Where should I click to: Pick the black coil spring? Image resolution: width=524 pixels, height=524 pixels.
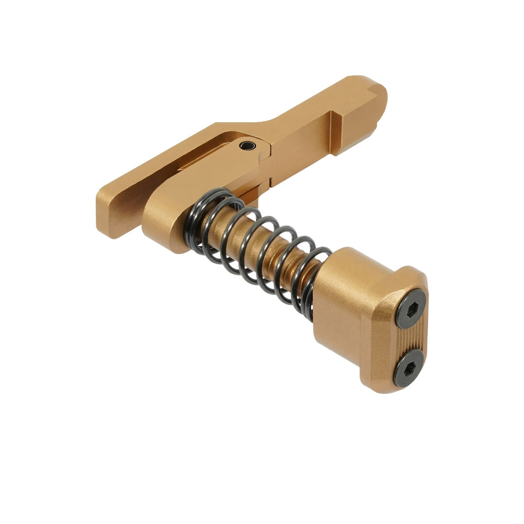coord(257,246)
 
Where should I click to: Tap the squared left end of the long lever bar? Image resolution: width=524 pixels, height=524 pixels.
coord(107,215)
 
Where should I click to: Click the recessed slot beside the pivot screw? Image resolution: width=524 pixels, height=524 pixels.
coord(204,157)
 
